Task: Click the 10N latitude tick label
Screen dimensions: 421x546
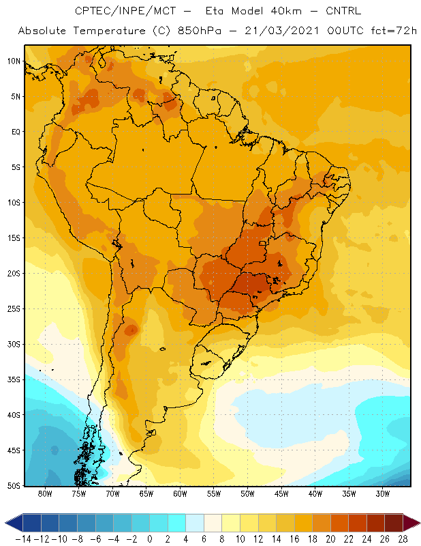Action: click(x=14, y=61)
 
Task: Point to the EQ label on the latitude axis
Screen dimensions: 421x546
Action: click(x=16, y=132)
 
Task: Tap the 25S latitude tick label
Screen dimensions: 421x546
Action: click(x=14, y=309)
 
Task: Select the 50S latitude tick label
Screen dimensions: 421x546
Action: click(x=14, y=485)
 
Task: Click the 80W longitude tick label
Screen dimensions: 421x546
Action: click(x=45, y=493)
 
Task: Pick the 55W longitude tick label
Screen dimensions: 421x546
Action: click(x=214, y=493)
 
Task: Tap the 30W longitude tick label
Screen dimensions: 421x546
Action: click(x=383, y=493)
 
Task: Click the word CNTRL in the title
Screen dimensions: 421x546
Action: click(x=343, y=11)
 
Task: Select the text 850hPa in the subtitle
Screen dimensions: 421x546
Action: click(x=199, y=31)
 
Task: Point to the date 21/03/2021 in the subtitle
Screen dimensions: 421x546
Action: click(x=281, y=31)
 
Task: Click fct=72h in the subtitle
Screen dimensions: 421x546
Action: click(x=394, y=31)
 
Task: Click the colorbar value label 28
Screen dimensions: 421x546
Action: click(x=403, y=539)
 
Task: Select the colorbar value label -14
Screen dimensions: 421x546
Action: click(x=23, y=539)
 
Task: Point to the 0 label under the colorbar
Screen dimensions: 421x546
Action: click(x=150, y=539)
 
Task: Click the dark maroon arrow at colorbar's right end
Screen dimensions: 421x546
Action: click(x=412, y=523)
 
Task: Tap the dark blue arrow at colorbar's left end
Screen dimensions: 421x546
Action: click(x=14, y=523)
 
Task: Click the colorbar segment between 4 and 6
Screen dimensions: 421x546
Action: click(x=195, y=523)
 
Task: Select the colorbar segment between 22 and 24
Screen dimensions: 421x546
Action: click(x=358, y=523)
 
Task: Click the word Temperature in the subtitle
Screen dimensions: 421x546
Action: click(x=109, y=31)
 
